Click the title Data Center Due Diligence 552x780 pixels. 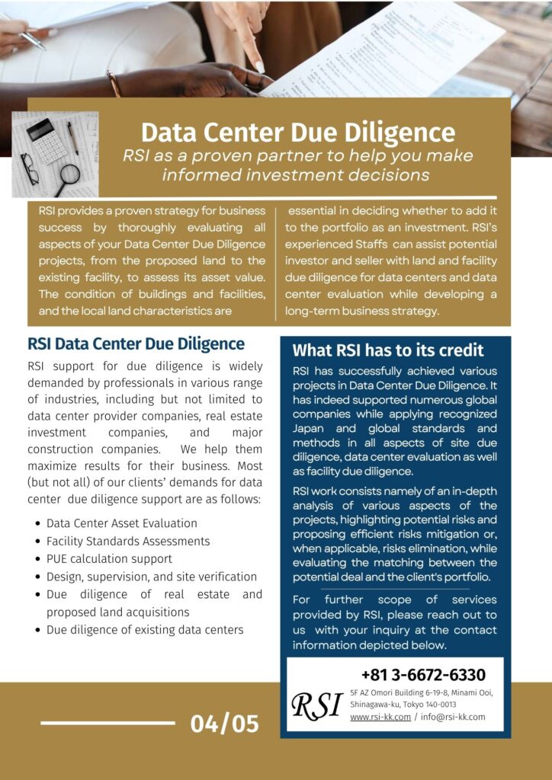298,131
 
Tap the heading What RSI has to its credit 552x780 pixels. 388,350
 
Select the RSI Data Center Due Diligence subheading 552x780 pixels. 136,344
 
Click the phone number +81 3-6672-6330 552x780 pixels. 423,675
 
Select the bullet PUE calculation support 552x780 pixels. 109,558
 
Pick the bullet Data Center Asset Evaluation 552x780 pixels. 121,523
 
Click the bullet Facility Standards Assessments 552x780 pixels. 127,541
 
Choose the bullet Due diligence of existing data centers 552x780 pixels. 145,629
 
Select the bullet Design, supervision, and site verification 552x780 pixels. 151,577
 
